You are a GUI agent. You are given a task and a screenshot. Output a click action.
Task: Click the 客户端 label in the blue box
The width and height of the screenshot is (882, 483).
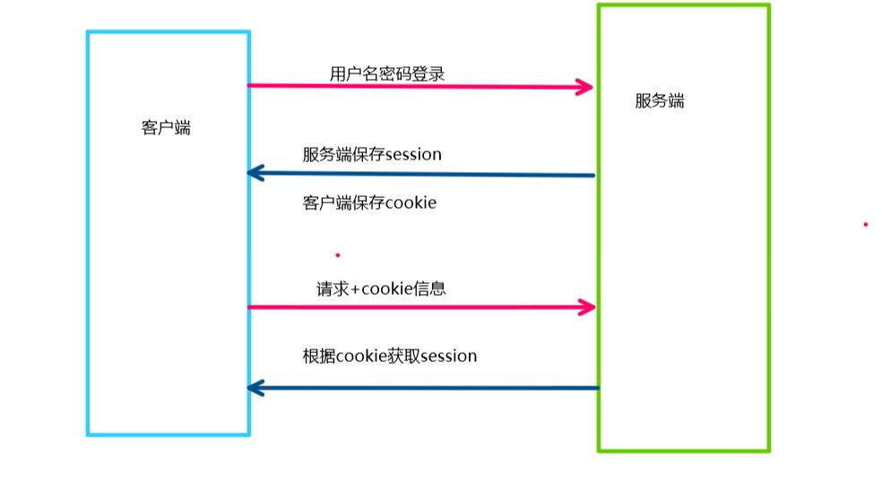[166, 127]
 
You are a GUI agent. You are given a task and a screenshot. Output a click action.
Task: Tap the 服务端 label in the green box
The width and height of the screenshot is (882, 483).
[660, 101]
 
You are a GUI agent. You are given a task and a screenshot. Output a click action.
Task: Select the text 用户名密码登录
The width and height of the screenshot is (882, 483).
[386, 73]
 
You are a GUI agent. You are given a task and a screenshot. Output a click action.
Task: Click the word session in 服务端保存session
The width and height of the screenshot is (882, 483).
[413, 155]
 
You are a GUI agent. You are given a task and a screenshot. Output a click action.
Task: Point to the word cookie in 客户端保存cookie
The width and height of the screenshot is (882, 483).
[410, 203]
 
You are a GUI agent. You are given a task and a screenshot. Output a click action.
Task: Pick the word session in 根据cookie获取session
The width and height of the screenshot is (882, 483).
[448, 357]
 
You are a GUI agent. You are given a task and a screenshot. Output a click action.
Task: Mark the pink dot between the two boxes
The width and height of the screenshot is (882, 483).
[338, 255]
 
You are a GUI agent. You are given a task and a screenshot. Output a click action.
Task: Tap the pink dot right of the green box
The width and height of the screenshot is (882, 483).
[865, 224]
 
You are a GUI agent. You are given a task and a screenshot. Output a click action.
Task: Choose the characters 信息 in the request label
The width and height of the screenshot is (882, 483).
[430, 289]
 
